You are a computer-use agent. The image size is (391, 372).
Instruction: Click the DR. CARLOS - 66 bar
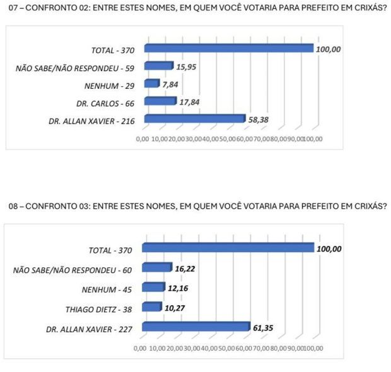coord(160,101)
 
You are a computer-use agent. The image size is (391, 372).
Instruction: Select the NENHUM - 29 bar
coord(151,83)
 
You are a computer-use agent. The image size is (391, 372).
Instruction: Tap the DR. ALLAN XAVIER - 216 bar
coord(194,119)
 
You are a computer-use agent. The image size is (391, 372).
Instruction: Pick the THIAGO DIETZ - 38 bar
coord(152,307)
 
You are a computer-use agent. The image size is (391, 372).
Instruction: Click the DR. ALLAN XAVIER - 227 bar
coord(196,326)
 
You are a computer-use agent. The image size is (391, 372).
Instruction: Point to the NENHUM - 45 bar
coord(154,288)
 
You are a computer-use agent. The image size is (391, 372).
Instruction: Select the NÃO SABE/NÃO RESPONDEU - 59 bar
coord(158,66)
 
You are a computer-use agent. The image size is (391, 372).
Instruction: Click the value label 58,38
coord(257,117)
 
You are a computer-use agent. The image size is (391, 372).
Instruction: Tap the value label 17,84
coord(189,100)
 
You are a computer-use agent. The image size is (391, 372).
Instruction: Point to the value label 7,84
coord(169,83)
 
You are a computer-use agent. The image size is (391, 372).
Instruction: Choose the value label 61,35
coord(264,327)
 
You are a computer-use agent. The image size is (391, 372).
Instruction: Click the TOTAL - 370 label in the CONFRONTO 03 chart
coord(110,250)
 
